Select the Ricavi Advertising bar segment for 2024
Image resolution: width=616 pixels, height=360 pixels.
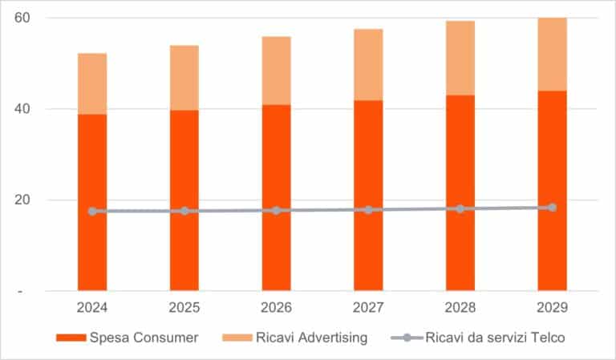pyautogui.click(x=92, y=83)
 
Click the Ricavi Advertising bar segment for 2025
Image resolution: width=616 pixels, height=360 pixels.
pyautogui.click(x=184, y=78)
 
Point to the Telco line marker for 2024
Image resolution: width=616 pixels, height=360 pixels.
pyautogui.click(x=92, y=211)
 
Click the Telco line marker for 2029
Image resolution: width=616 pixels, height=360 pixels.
pyautogui.click(x=552, y=208)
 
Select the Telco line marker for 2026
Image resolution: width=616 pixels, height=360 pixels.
pyautogui.click(x=276, y=210)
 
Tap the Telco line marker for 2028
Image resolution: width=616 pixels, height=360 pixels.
pyautogui.click(x=460, y=208)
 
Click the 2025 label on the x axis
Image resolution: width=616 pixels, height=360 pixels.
pyautogui.click(x=184, y=308)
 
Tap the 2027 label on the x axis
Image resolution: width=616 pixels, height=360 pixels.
pyautogui.click(x=368, y=308)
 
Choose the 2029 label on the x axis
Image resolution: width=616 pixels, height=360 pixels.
pyautogui.click(x=552, y=308)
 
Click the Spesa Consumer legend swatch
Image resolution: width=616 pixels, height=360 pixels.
pyautogui.click(x=71, y=338)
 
